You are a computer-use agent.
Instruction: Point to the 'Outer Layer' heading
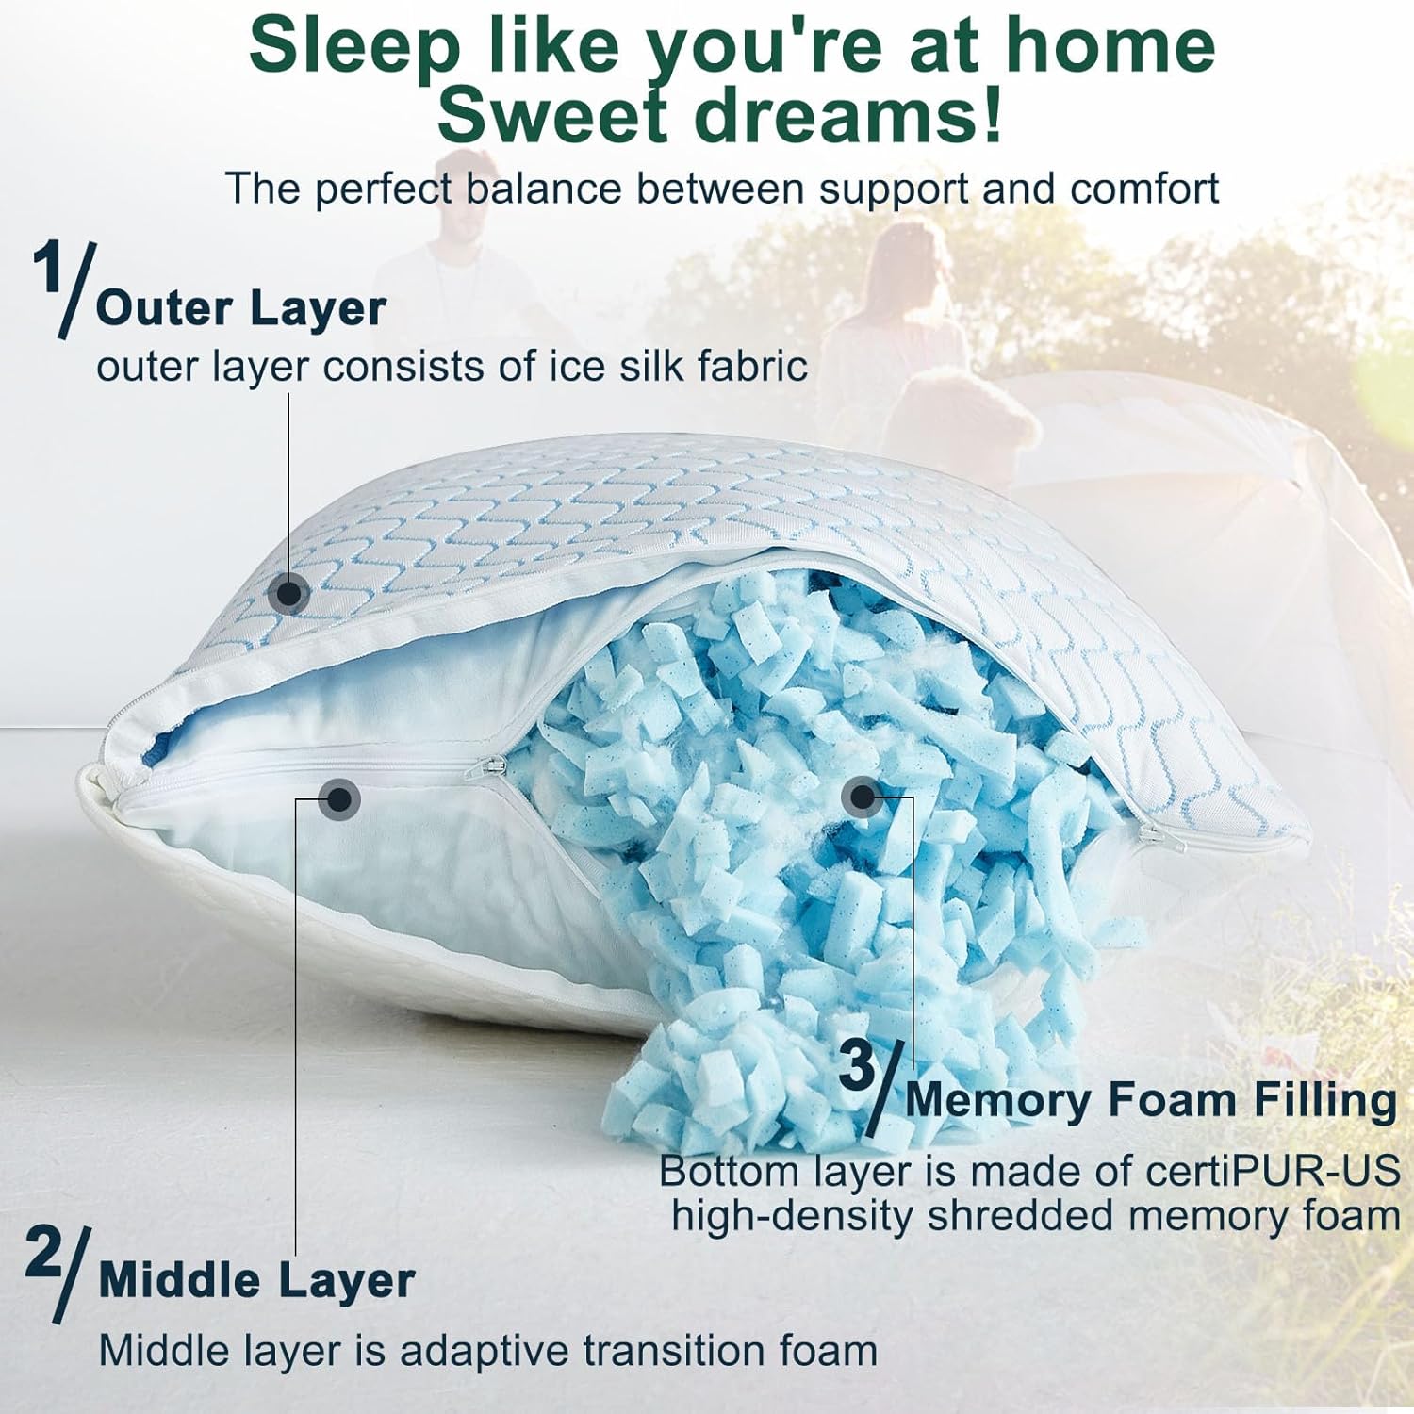241,308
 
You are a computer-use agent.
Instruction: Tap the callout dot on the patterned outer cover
288,593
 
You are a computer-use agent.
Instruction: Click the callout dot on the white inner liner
339,799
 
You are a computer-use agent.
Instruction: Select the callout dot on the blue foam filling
861,797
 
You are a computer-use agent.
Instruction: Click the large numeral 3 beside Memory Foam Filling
857,1066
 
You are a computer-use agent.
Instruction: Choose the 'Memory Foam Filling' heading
1151,1099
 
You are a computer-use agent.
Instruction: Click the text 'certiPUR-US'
1273,1171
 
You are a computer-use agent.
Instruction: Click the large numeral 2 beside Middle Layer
44,1252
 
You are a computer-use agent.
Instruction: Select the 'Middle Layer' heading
256,1280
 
